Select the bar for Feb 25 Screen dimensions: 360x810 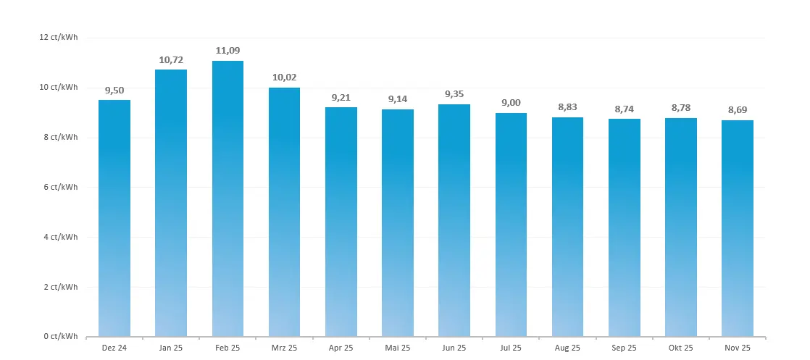pos(227,199)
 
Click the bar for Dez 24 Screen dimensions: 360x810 pos(114,218)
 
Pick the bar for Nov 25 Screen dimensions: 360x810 pos(737,228)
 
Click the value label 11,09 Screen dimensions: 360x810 pos(227,51)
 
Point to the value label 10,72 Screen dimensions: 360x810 pos(171,59)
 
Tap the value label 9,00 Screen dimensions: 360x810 pos(511,103)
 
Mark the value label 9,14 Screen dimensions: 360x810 pos(398,99)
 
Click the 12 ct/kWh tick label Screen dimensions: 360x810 pos(59,38)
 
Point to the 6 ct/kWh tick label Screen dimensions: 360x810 pos(61,188)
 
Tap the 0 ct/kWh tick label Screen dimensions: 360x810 pos(61,337)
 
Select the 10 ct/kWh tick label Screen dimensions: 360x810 pos(59,88)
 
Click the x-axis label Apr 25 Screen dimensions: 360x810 pos(341,348)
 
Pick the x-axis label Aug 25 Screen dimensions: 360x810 pos(567,348)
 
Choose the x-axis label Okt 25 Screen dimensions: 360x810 pos(680,348)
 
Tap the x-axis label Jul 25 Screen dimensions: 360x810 pos(511,348)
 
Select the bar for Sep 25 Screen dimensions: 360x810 pos(624,227)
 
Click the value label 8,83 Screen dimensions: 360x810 pos(567,107)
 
